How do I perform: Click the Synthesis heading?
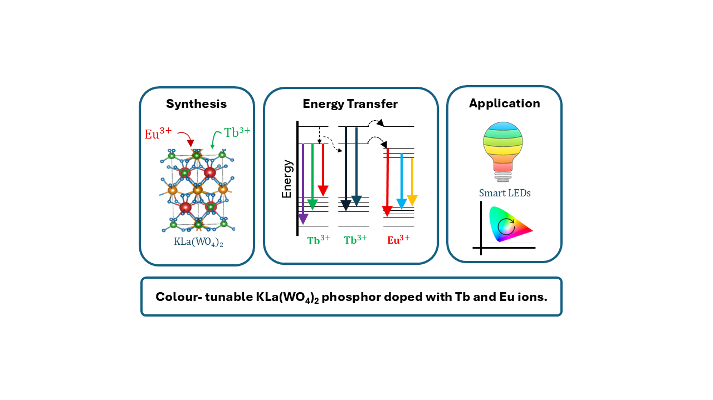197,104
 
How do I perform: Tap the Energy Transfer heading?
350,104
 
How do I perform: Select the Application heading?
505,103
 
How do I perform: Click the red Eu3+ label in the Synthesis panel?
158,133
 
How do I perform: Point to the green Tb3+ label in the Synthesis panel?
237,132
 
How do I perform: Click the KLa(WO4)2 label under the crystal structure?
198,242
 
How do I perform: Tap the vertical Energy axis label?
287,179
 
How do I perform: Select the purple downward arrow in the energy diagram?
303,184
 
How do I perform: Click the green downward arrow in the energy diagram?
312,177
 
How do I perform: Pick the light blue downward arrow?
402,181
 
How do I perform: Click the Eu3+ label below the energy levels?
398,239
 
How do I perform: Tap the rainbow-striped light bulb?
503,152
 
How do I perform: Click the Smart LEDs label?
505,193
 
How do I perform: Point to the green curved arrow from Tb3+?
215,139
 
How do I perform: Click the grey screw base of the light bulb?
503,177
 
